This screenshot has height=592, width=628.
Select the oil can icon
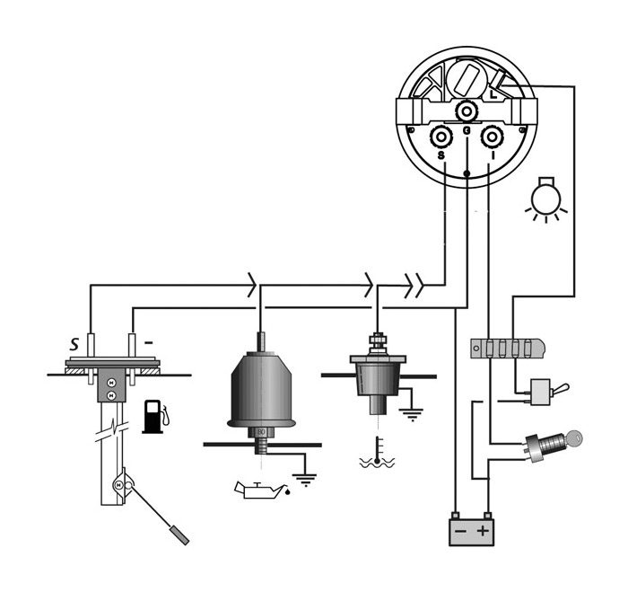click(259, 489)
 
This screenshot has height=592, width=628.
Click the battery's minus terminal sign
click(459, 531)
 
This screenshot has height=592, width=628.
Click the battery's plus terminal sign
click(484, 531)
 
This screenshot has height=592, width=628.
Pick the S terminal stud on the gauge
click(441, 138)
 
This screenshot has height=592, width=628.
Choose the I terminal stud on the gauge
click(493, 138)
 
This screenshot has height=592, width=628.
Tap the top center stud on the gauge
click(467, 110)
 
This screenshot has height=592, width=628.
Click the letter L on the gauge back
click(494, 93)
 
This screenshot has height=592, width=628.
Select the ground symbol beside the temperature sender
click(412, 415)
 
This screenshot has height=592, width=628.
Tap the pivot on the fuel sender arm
click(118, 486)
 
